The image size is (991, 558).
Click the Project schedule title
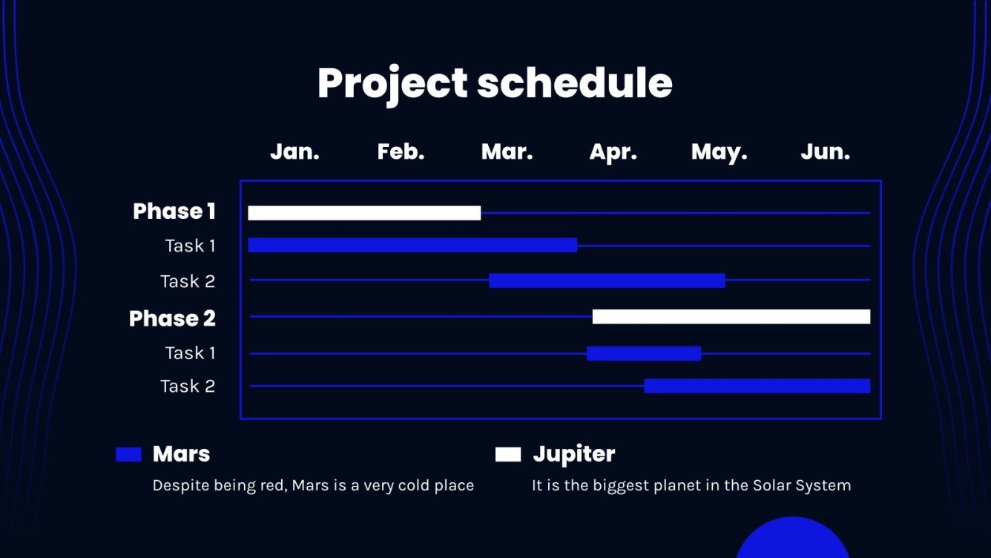coord(495,84)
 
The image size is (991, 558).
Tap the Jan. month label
coord(294,152)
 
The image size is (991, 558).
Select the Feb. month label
coord(401,152)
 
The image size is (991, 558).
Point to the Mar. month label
coord(507,152)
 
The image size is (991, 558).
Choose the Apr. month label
coord(613,153)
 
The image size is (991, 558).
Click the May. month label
coord(720,153)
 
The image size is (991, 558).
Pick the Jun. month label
coord(826,152)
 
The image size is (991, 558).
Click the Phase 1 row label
coord(174,211)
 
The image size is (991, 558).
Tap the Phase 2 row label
coord(172,318)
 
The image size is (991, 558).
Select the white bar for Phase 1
coord(364,213)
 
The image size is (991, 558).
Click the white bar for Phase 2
coord(731,316)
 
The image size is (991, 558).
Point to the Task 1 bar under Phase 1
coord(412,245)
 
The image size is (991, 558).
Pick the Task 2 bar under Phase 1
coord(607,280)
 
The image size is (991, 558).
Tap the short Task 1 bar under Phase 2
coord(644,353)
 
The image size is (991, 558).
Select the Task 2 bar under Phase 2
coord(757,386)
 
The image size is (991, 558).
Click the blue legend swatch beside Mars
coord(128,454)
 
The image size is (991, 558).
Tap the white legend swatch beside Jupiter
coord(508,454)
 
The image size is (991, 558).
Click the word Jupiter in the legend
coord(574,454)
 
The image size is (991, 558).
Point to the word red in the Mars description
coord(274,485)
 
